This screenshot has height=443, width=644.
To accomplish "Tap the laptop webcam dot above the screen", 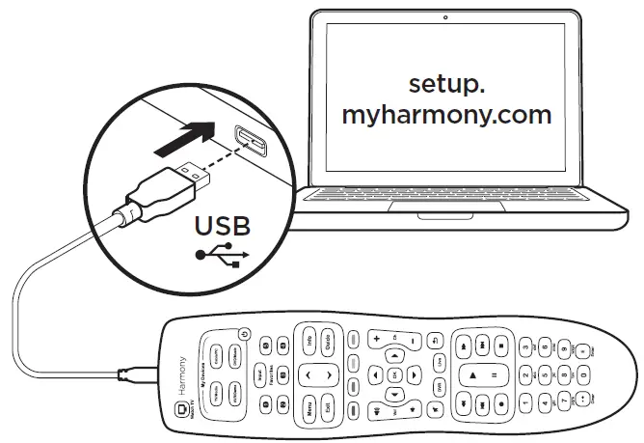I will point(447,17).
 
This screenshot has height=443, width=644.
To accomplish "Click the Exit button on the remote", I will point(329,402).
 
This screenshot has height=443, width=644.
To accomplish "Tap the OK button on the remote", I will point(393,373).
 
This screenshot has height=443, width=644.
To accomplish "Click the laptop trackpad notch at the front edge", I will point(443,217).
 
